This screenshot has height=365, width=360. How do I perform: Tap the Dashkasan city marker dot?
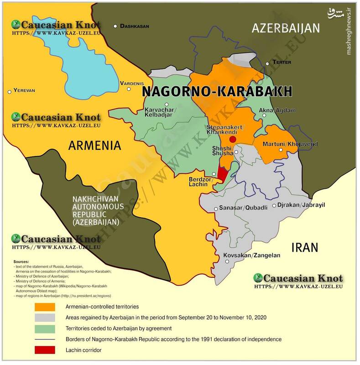pyautogui.click(x=116, y=26)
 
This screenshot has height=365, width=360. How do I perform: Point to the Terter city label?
pyautogui.click(x=281, y=62)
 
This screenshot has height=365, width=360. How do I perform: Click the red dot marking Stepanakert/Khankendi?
pyautogui.click(x=233, y=139)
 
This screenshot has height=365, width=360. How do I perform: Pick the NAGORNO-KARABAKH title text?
pyautogui.click(x=217, y=92)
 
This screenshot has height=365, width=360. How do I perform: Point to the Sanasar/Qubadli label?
pyautogui.click(x=240, y=208)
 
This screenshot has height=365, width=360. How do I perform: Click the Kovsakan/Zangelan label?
pyautogui.click(x=251, y=255)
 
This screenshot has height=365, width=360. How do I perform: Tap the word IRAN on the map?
pyautogui.click(x=304, y=247)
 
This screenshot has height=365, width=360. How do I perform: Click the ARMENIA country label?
pyautogui.click(x=94, y=146)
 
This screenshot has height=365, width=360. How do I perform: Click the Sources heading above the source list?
pyautogui.click(x=21, y=261)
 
